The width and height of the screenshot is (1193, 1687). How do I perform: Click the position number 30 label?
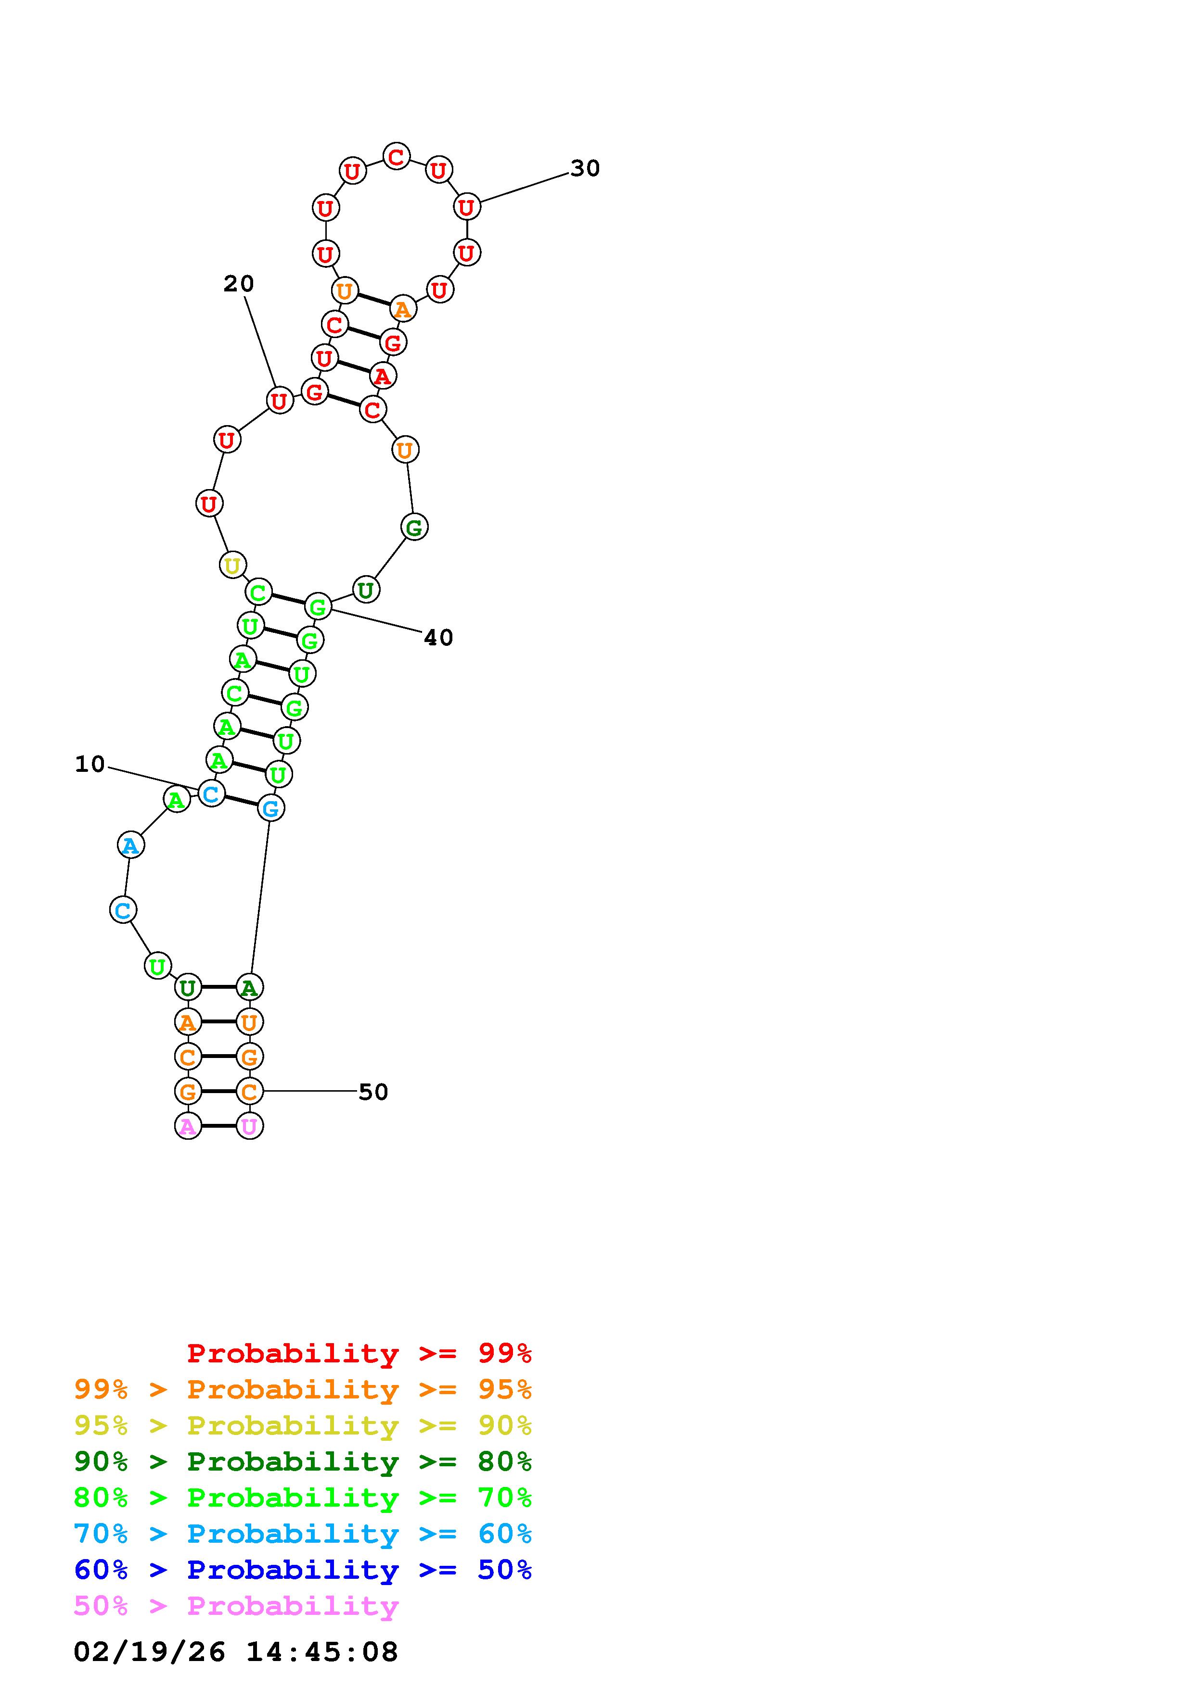click(x=585, y=168)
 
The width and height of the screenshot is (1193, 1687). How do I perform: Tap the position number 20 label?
click(x=239, y=284)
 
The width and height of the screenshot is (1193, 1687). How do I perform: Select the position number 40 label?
click(x=439, y=638)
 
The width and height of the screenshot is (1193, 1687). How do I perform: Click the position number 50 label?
click(x=373, y=1092)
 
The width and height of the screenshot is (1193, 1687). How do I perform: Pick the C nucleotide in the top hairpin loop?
click(x=396, y=156)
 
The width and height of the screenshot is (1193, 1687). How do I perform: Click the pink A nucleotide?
click(x=188, y=1126)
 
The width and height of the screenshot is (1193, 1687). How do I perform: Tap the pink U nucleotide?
click(x=249, y=1126)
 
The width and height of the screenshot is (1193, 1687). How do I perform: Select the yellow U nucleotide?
click(x=232, y=565)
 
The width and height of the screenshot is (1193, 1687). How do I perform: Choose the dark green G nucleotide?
click(x=414, y=527)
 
